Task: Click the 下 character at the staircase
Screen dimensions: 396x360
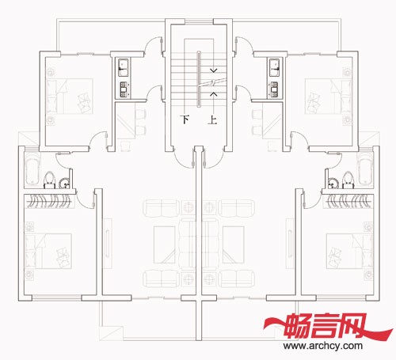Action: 185,119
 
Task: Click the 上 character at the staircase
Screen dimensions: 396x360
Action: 212,119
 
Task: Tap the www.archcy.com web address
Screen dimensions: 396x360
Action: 323,346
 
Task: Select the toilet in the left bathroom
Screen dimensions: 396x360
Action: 49,180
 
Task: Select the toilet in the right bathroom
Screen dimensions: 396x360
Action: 348,180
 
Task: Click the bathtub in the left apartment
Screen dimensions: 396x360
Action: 32,170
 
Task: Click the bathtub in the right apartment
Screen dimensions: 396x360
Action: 365,170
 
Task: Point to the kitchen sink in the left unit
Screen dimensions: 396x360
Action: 124,67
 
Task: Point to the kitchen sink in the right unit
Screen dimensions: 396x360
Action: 275,67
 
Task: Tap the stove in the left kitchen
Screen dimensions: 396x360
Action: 124,89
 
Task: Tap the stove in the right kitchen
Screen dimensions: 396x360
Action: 275,89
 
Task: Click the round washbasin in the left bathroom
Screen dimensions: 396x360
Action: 64,184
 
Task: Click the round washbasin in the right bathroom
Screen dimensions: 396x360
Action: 333,184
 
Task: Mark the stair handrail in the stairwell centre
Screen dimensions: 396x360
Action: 199,79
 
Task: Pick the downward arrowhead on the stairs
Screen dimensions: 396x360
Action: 214,70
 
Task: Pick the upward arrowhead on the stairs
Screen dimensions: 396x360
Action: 214,93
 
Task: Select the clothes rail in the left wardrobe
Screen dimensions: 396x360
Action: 50,202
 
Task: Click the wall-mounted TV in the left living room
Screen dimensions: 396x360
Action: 108,244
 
